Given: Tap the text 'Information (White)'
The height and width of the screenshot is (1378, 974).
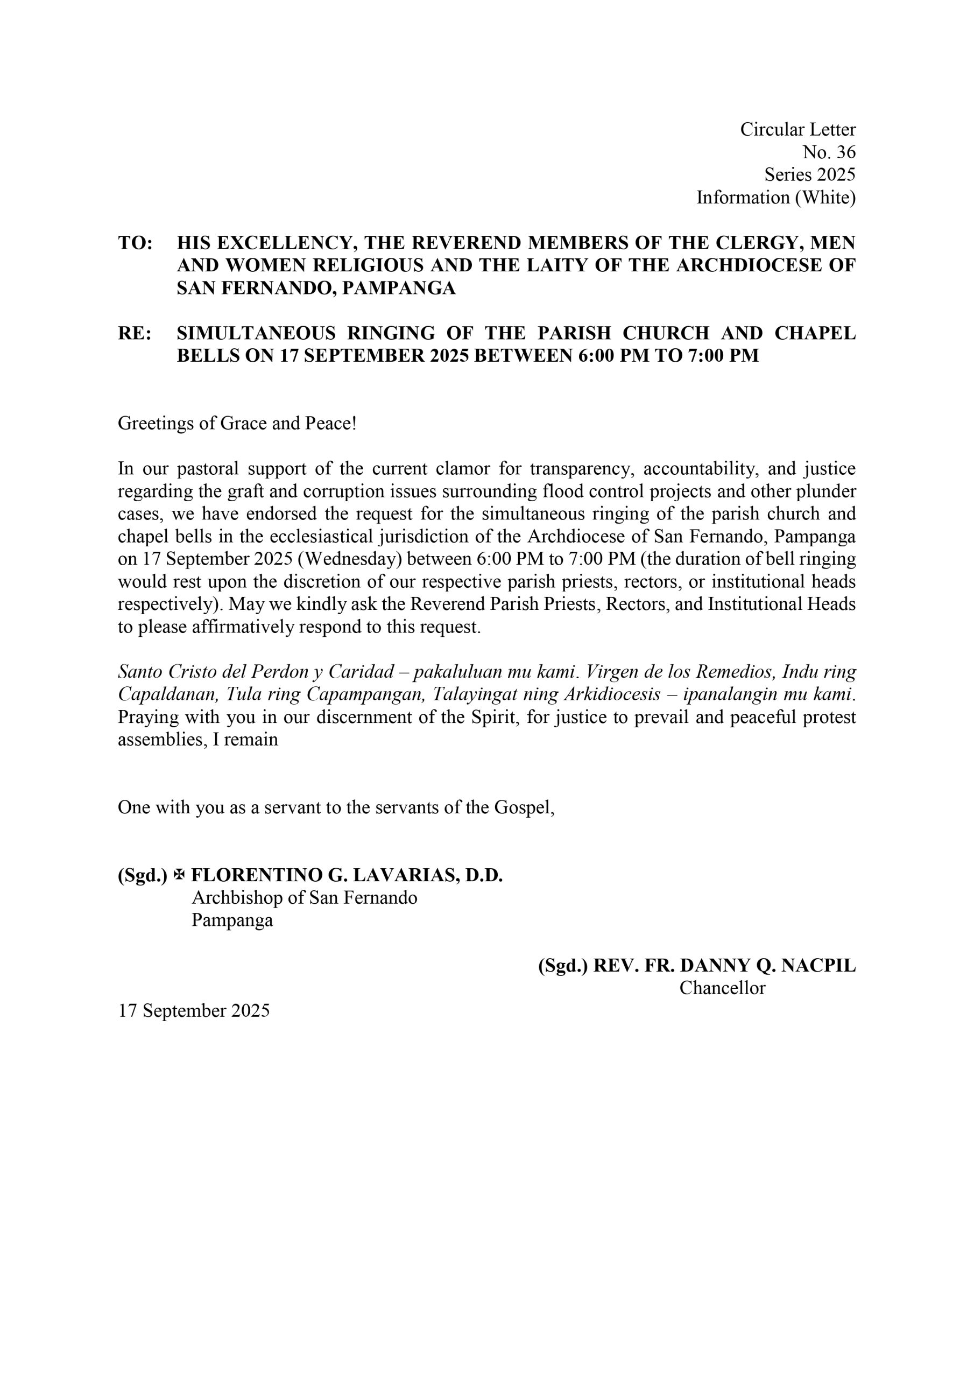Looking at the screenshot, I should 775,198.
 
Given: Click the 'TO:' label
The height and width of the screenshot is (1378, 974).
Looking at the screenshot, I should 135,243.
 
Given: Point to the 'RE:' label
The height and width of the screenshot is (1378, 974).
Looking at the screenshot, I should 135,333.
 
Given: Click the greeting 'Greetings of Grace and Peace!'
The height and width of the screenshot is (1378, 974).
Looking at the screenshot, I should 237,424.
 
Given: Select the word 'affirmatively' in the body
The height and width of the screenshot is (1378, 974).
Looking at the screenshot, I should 243,627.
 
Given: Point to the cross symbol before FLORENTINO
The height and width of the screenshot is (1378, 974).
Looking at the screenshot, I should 178,876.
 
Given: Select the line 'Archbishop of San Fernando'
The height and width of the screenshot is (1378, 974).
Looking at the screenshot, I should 304,898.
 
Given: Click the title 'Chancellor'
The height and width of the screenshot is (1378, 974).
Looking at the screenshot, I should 722,988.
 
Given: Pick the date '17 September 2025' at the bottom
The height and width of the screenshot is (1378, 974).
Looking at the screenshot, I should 194,1011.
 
